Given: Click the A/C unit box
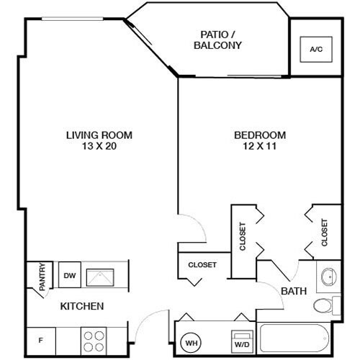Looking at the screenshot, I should (315, 50).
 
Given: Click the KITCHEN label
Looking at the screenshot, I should (81, 306).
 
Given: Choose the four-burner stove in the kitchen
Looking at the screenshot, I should (94, 338).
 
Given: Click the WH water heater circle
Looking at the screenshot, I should (192, 343).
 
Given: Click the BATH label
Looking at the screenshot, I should (293, 291).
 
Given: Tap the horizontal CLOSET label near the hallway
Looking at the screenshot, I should (202, 265).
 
